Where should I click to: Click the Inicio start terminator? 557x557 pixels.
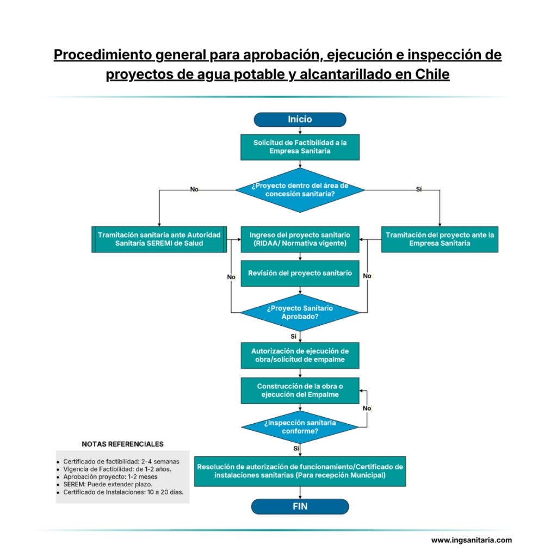[300, 119]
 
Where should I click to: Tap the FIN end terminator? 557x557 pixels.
[300, 506]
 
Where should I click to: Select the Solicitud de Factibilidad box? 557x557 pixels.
[300, 147]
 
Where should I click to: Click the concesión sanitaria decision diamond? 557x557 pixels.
[300, 189]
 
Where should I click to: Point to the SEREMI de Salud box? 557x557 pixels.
[159, 239]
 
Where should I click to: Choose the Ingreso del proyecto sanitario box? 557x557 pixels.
[300, 239]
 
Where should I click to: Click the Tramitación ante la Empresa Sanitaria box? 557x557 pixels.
[440, 239]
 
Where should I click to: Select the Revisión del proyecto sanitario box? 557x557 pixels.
[300, 273]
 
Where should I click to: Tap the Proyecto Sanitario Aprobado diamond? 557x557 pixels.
[300, 312]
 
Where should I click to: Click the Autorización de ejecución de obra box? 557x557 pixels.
[300, 355]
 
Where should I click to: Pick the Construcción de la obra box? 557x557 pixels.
[300, 391]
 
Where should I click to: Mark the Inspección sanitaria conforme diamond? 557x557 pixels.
[300, 426]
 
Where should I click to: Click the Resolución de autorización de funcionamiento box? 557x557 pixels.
[300, 471]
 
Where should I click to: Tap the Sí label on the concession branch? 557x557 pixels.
[419, 189]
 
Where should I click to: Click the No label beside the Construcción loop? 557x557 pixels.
[367, 408]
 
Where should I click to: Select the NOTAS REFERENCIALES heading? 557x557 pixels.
[122, 444]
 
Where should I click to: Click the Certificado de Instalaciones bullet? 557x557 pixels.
[123, 492]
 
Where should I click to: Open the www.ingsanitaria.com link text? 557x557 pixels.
[471, 540]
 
